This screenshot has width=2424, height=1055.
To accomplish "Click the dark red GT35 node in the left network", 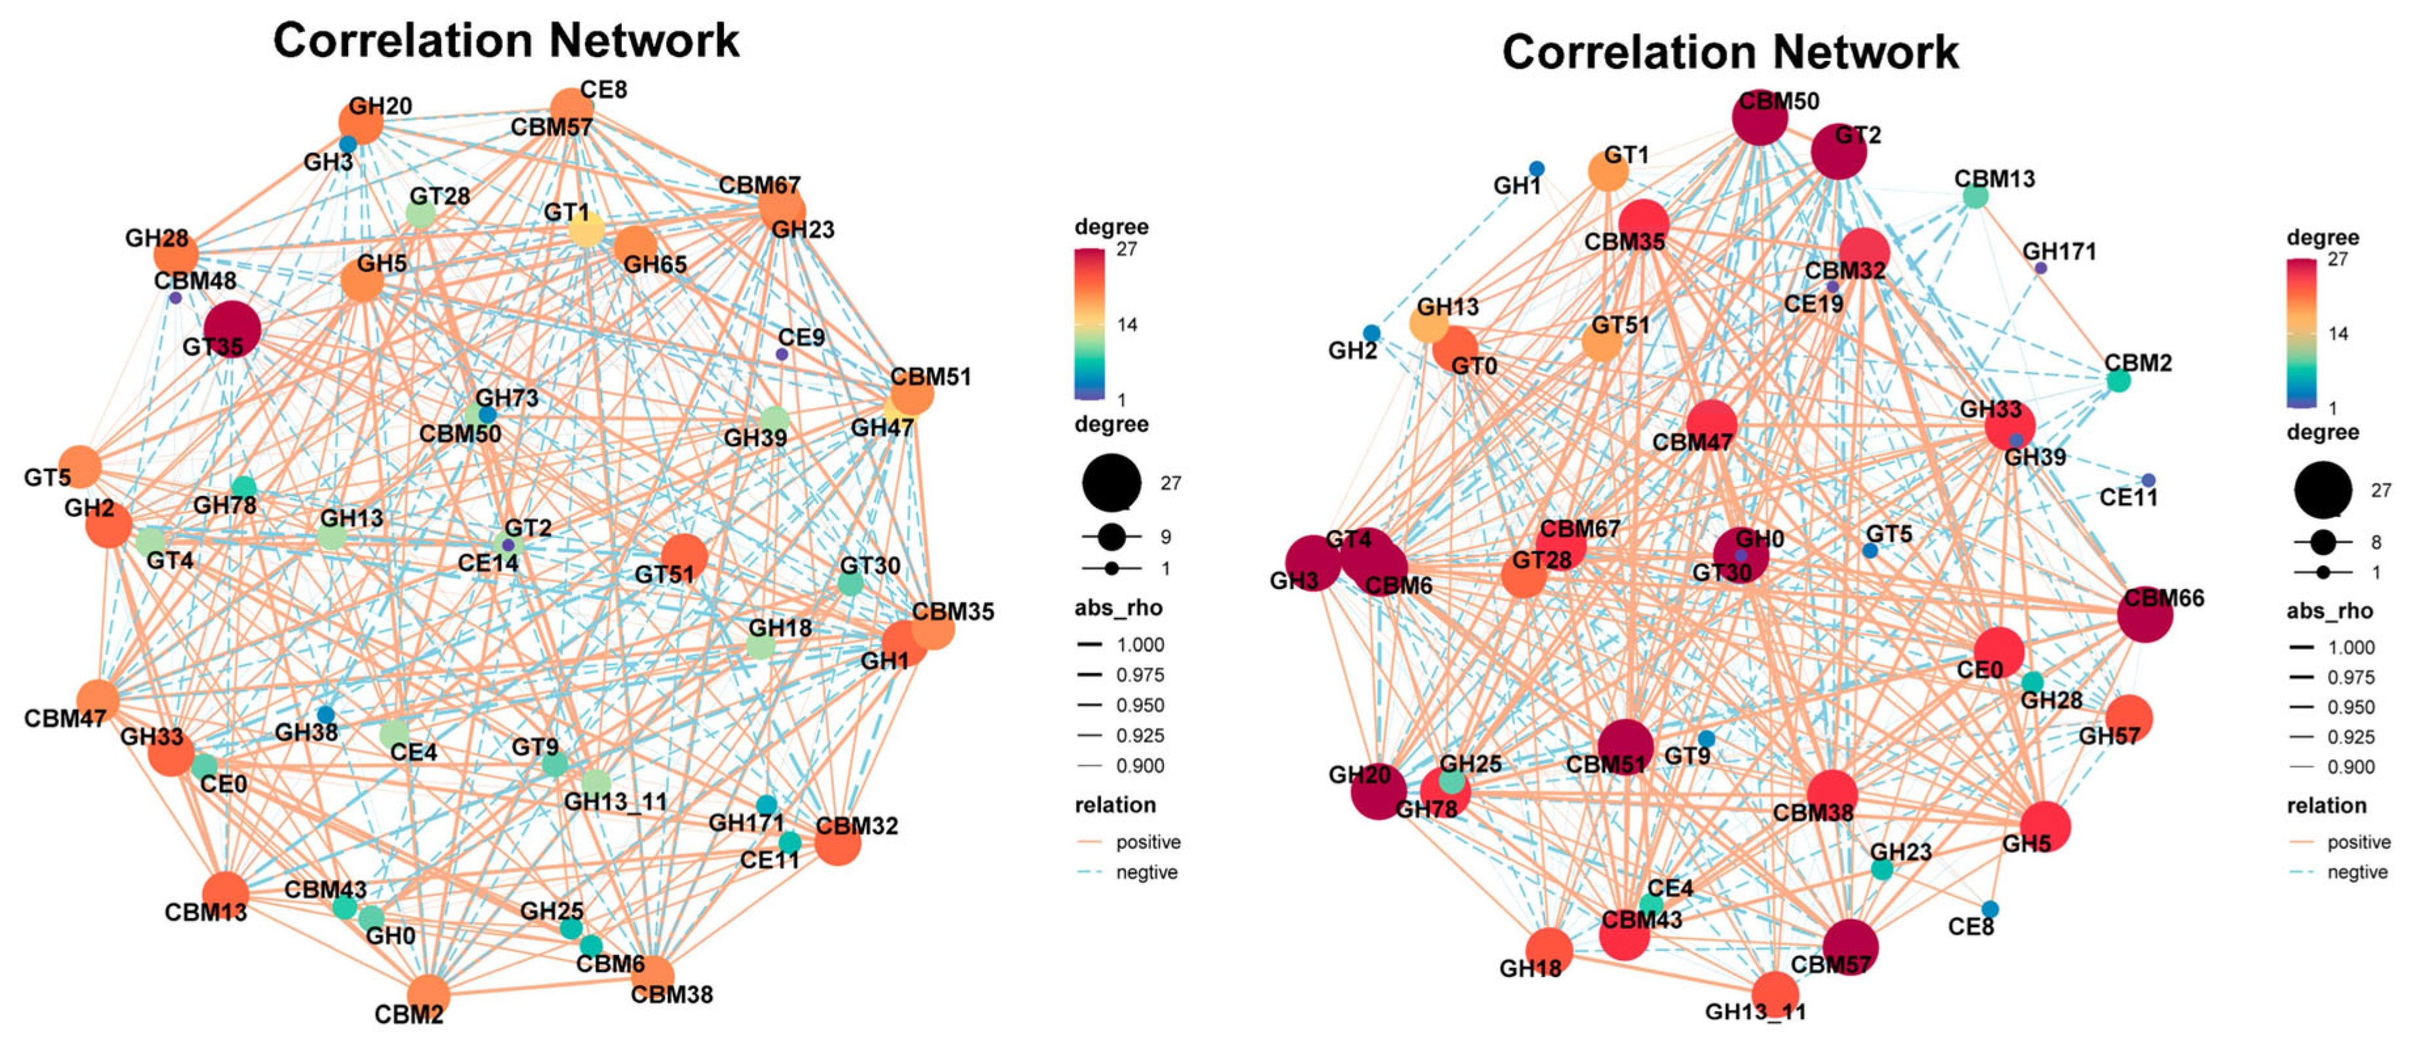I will (232, 329).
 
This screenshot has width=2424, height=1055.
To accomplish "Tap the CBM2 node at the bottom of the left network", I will (428, 994).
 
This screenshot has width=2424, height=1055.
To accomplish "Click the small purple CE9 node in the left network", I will (781, 354).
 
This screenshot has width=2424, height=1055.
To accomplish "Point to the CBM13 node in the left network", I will (226, 894).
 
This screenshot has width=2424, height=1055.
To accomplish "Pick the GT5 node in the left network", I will (81, 467).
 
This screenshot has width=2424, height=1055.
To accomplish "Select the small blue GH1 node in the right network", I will (1536, 168).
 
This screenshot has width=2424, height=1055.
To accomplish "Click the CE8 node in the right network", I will (1989, 908).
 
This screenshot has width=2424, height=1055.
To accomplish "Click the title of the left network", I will (506, 41).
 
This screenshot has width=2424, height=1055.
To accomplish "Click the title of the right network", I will (1729, 52).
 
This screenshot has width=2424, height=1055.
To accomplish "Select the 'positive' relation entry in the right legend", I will (2358, 842).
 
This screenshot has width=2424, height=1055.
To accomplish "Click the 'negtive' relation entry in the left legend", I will (1146, 872).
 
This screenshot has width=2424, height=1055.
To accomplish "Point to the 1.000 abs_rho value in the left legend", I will (1140, 645).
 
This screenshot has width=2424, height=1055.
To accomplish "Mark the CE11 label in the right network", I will (2129, 497).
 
